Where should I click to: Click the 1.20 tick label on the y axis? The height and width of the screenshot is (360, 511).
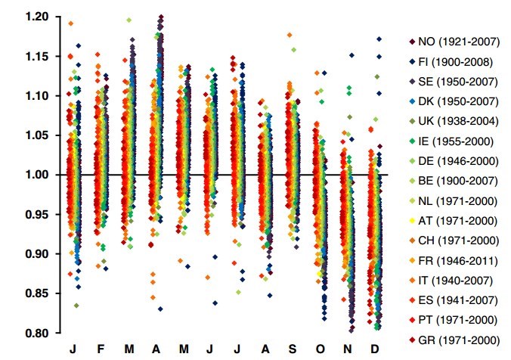point(36,17)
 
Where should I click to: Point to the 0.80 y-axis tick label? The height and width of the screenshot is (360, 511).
point(36,333)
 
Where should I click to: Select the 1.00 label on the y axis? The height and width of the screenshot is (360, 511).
point(36,175)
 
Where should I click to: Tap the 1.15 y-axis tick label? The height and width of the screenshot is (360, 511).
point(36,57)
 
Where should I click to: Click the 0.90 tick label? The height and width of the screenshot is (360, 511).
point(36,254)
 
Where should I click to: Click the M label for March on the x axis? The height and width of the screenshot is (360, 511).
point(129,348)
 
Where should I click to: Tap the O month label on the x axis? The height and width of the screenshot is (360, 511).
point(321,348)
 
